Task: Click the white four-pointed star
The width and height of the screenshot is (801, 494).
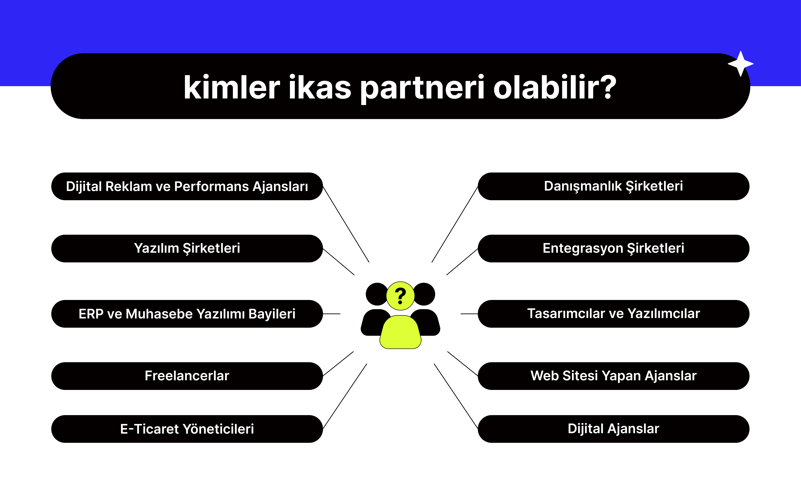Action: (x=740, y=64)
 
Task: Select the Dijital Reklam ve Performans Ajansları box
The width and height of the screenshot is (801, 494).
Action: (x=187, y=186)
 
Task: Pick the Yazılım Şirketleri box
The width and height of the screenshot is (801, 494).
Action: (x=187, y=248)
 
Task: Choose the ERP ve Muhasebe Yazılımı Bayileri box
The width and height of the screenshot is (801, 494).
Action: (x=187, y=314)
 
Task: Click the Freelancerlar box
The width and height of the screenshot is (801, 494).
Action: (x=187, y=376)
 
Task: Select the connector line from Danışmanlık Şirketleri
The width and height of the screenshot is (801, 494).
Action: (x=455, y=224)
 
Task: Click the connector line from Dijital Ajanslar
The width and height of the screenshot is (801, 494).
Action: (x=456, y=396)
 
